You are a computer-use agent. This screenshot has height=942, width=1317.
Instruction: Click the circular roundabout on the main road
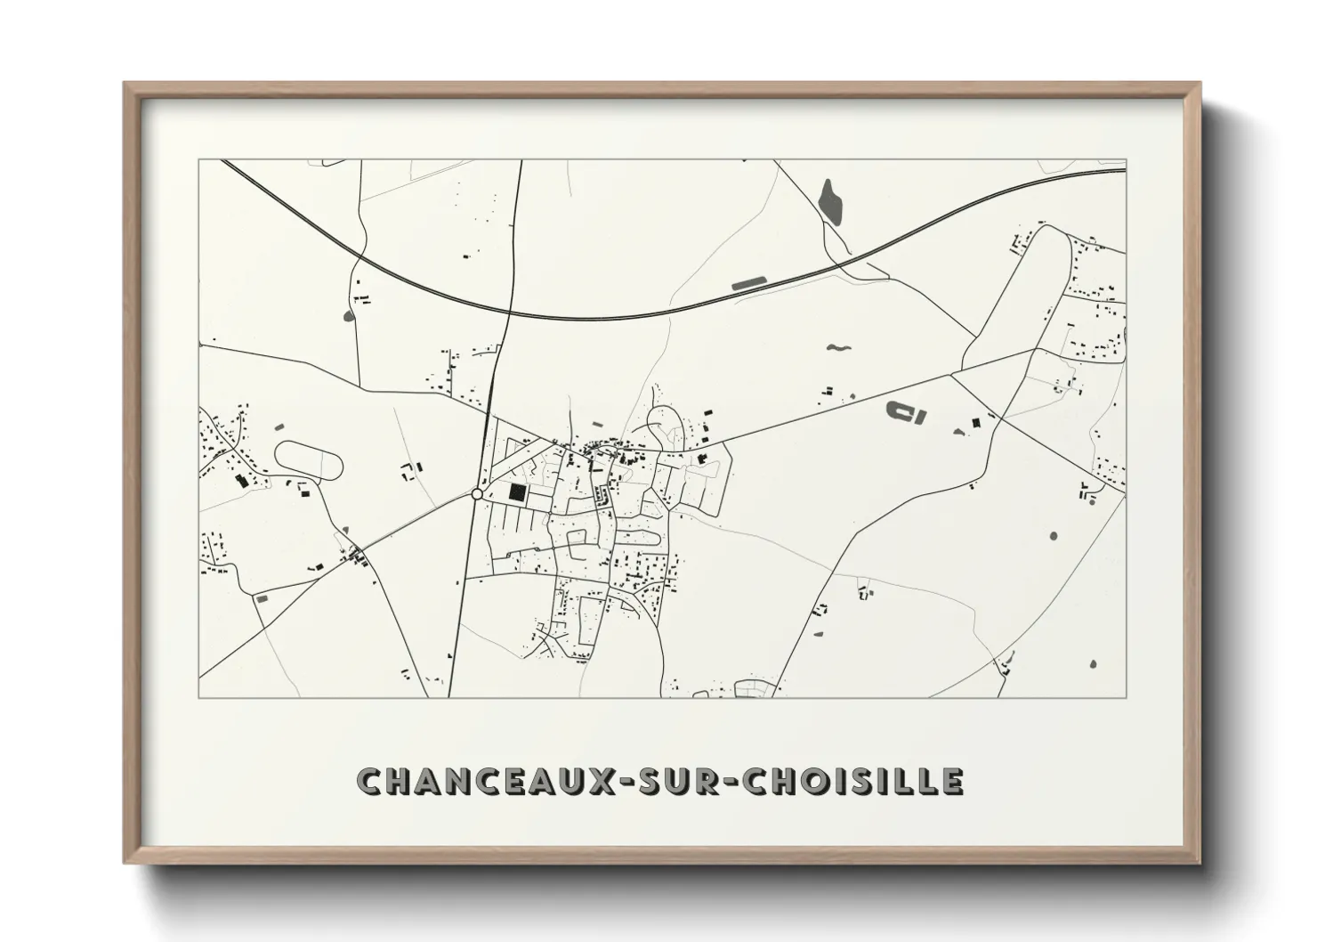(x=477, y=493)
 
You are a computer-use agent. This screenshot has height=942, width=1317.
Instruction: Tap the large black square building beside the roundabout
(x=516, y=491)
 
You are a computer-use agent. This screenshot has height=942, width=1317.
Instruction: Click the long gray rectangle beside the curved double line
(x=747, y=284)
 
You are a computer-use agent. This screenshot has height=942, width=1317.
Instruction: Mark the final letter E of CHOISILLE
(x=951, y=782)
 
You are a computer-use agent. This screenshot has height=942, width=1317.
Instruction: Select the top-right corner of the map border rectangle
(x=1126, y=159)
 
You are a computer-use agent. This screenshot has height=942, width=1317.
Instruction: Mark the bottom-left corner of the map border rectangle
(x=198, y=697)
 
